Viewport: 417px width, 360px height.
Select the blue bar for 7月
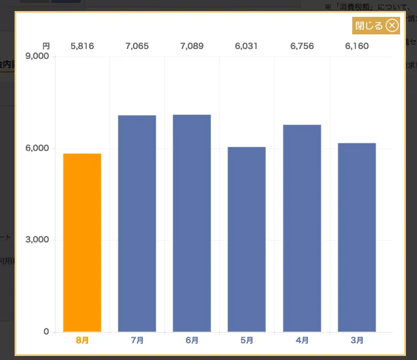[x=137, y=224]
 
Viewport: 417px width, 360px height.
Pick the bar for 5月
[x=247, y=239]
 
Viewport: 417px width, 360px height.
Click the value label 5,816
[x=82, y=46]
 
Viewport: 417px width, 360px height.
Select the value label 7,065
[x=137, y=46]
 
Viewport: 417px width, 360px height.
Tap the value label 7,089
[x=192, y=46]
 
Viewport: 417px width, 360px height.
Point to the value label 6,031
[x=247, y=46]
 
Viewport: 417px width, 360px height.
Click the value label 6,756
[x=302, y=46]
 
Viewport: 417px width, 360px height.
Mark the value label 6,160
[x=356, y=46]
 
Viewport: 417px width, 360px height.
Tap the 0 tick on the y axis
[x=47, y=332]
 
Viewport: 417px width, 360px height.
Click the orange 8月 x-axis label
[x=82, y=340]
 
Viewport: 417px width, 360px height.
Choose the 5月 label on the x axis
[x=247, y=340]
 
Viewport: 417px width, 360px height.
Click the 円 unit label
[x=46, y=46]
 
